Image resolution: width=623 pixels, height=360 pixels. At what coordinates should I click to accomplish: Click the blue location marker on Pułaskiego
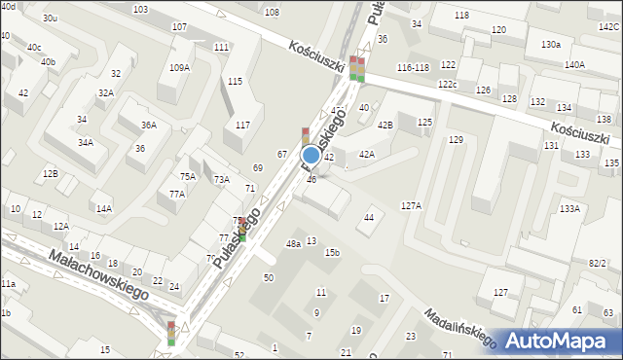(311, 155)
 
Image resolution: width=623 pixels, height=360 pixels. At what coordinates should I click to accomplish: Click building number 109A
(179, 68)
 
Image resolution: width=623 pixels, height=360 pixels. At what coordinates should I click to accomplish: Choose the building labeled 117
(242, 125)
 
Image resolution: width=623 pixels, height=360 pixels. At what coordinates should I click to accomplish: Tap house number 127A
(411, 205)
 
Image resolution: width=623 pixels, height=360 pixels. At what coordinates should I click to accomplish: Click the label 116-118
(413, 67)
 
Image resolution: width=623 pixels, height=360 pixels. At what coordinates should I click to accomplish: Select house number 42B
(385, 125)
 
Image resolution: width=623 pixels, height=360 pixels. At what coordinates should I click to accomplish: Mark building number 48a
(293, 244)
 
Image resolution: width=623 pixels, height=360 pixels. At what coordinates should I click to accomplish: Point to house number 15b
(332, 253)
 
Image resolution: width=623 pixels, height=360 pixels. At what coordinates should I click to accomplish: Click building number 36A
(148, 125)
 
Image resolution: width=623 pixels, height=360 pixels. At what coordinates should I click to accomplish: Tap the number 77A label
(176, 194)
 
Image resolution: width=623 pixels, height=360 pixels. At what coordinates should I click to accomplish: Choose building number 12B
(50, 173)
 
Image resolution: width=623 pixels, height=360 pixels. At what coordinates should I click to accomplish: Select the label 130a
(551, 45)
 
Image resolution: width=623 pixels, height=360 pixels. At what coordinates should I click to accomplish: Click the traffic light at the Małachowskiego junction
(171, 333)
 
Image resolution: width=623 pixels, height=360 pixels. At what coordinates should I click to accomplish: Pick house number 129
(456, 140)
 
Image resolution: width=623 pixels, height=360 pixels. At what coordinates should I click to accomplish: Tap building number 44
(369, 218)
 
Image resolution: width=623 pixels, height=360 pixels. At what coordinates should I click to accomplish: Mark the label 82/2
(597, 264)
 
